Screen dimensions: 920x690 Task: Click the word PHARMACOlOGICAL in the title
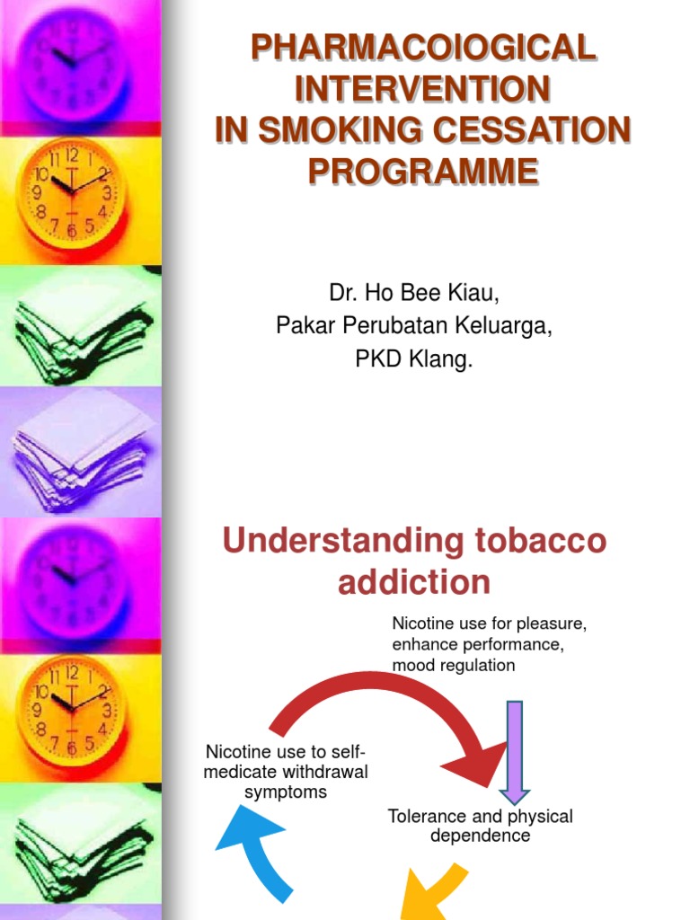tap(422, 47)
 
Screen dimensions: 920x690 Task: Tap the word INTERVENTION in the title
tap(422, 88)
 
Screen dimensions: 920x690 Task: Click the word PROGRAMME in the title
tap(422, 171)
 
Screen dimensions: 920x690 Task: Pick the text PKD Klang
tap(414, 361)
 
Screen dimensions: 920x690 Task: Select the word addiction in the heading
tap(414, 582)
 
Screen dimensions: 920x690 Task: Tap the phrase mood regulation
tap(454, 665)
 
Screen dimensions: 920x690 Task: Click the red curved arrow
tap(386, 701)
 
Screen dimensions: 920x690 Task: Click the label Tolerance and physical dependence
tap(480, 826)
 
